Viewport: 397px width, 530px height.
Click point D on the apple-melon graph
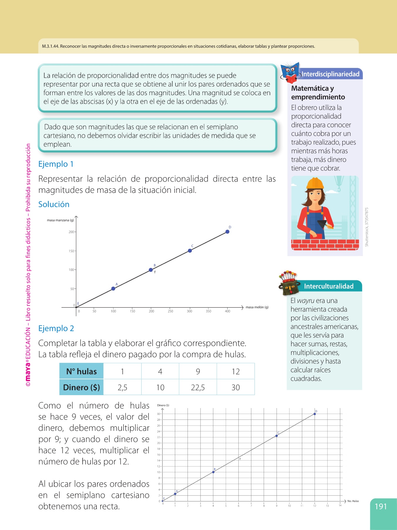tap(227, 232)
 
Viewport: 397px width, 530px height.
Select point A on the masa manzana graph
tap(113, 289)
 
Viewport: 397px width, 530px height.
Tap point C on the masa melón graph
tap(190, 251)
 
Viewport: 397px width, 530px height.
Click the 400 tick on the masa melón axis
tap(227, 311)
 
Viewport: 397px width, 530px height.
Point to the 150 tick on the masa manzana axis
tap(71, 251)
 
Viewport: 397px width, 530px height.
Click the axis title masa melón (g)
tap(257, 307)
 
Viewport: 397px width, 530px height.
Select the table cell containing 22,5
tap(198, 387)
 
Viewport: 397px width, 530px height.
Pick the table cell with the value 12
tap(236, 371)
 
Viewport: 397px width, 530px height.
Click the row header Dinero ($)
tap(81, 387)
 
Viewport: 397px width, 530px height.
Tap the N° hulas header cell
tap(81, 371)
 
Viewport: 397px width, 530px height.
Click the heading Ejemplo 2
tap(56, 328)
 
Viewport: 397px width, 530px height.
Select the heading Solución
tap(54, 204)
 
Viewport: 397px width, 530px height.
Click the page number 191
tap(381, 506)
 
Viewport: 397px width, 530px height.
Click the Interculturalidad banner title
tap(328, 286)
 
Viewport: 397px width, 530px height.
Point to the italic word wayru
tap(306, 301)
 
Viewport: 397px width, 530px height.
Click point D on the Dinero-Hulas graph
tap(315, 414)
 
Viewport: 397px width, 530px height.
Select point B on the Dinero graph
tap(213, 472)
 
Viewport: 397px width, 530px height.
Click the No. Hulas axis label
tap(353, 501)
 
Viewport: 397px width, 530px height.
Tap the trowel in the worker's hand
tap(323, 223)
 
